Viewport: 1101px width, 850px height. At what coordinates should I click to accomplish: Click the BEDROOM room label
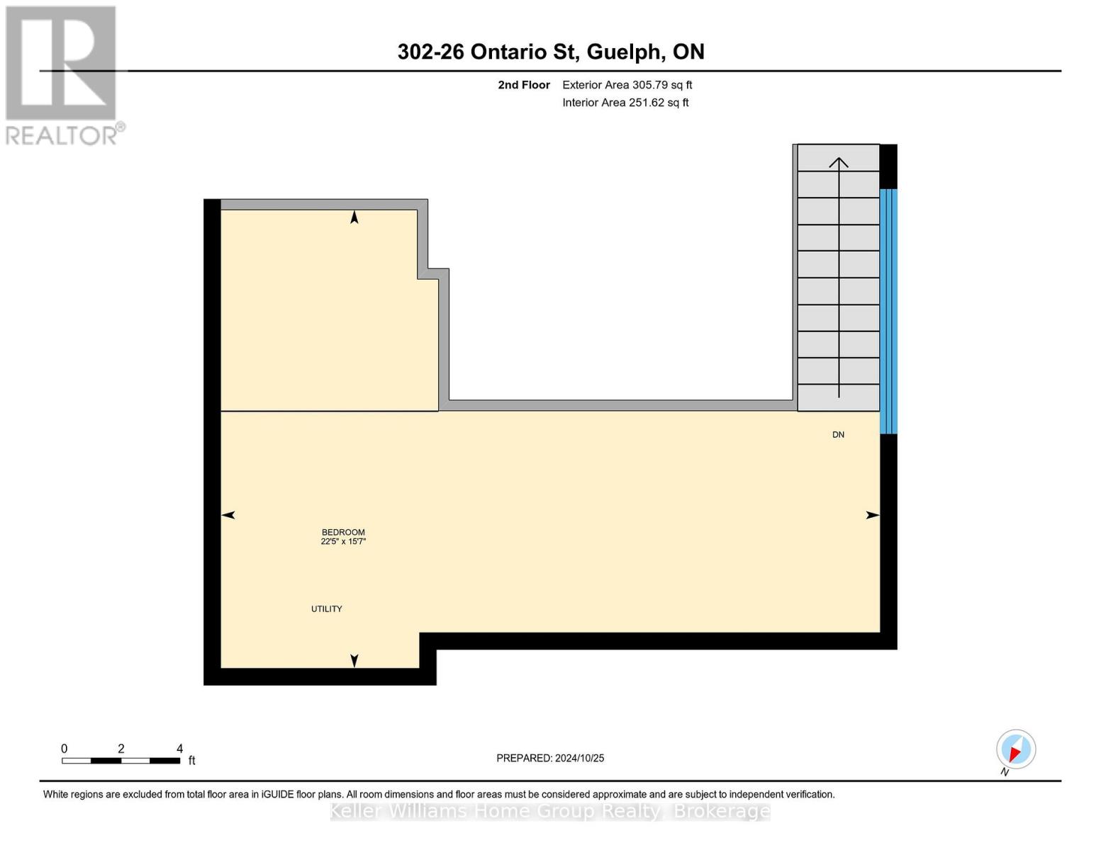pos(343,532)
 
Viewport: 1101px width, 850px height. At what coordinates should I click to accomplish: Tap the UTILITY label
pos(327,609)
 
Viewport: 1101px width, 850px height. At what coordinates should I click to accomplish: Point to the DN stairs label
pos(838,435)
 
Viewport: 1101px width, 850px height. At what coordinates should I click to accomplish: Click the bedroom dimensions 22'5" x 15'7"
pos(343,542)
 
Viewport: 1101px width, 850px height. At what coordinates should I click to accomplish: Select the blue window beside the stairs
pos(888,311)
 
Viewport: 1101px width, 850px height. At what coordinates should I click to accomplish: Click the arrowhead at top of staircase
pos(839,163)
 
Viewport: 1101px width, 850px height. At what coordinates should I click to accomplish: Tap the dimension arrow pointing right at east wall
pos(873,515)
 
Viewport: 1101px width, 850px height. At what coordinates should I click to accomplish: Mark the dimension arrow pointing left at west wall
pos(228,515)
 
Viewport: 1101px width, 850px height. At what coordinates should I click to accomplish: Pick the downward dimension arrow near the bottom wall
pos(354,660)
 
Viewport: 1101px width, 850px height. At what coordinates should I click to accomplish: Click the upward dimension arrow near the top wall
pos(354,217)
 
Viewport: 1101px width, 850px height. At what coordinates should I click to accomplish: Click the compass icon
pos(1016,749)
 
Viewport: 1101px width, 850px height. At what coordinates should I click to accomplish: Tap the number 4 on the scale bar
pos(179,749)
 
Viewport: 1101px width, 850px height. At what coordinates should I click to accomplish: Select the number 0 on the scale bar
pos(65,749)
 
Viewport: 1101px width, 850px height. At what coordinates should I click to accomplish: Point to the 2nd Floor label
pos(524,85)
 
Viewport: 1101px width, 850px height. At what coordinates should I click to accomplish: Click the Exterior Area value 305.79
pos(650,85)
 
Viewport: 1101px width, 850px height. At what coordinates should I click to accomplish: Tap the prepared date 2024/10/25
pos(579,758)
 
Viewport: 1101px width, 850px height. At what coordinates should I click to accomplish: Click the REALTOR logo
pos(62,74)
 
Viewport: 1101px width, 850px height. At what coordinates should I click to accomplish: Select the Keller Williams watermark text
pos(550,811)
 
